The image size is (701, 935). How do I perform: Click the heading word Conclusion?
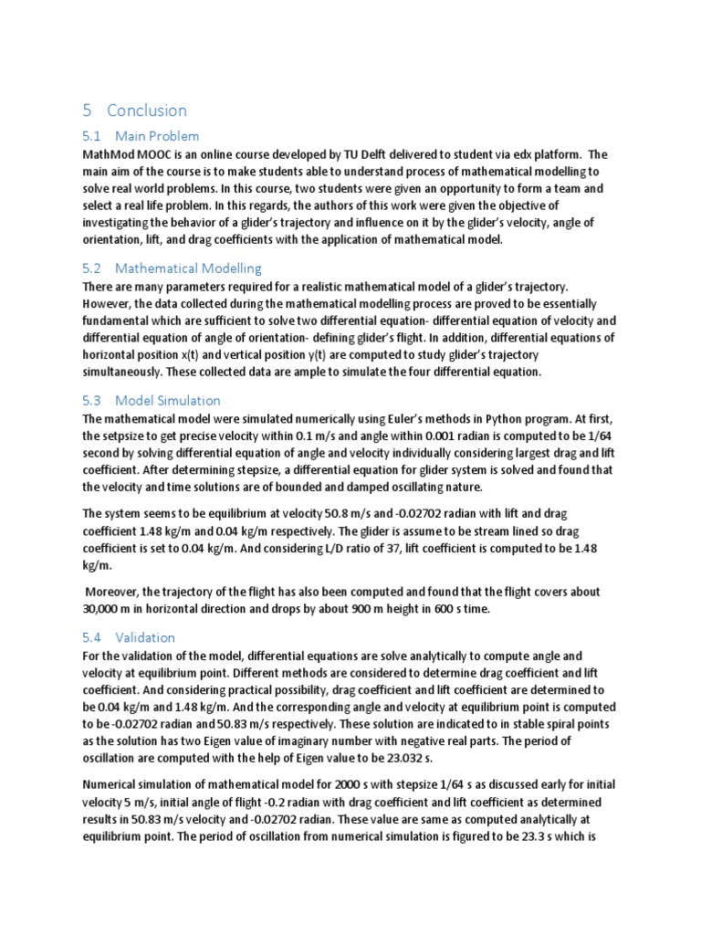pos(146,110)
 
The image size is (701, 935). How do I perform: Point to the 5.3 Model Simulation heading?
pos(152,400)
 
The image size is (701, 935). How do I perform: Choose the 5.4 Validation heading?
pos(129,637)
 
